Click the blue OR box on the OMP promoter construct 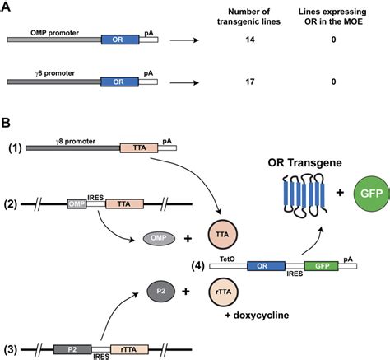click(x=118, y=39)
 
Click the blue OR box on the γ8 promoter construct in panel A click(x=118, y=82)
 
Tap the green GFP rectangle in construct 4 click(x=319, y=266)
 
